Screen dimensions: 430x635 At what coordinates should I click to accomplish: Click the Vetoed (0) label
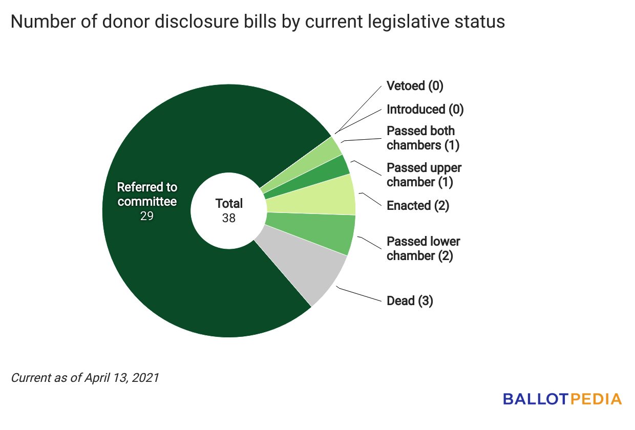pyautogui.click(x=415, y=85)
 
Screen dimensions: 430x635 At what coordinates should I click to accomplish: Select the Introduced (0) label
pyautogui.click(x=425, y=109)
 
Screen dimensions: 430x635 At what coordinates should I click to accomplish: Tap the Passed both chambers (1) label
pyautogui.click(x=423, y=138)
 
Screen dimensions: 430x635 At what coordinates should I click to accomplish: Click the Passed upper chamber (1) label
pyautogui.click(x=424, y=175)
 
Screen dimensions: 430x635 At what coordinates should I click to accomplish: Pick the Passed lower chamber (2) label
pyautogui.click(x=423, y=248)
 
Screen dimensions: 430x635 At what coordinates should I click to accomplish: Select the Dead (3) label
pyautogui.click(x=410, y=300)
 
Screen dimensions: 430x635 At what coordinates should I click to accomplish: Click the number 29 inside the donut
pyautogui.click(x=147, y=216)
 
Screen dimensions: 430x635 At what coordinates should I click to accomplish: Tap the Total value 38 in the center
pyautogui.click(x=229, y=218)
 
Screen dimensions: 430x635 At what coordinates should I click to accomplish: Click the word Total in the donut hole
pyautogui.click(x=229, y=204)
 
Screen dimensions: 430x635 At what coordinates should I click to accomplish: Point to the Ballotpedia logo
pyautogui.click(x=562, y=399)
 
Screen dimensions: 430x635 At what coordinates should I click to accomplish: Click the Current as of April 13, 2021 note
pyautogui.click(x=85, y=378)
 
